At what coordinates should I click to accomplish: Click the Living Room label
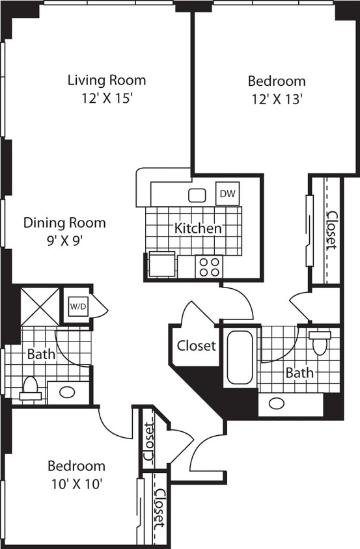(x=107, y=81)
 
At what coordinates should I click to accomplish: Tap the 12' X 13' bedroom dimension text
(x=277, y=101)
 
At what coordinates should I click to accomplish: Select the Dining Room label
(x=64, y=222)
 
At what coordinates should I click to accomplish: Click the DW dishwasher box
(x=227, y=193)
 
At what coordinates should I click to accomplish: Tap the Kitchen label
(x=198, y=228)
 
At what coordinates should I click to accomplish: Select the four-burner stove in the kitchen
(x=209, y=266)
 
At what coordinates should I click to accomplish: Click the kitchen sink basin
(x=197, y=194)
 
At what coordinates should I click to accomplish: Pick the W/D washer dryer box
(x=75, y=305)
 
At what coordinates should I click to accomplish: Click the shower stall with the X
(x=39, y=305)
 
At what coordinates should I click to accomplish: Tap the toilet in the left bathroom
(x=31, y=388)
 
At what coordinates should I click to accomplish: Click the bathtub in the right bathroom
(x=240, y=358)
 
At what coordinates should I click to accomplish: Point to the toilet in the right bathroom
(x=320, y=342)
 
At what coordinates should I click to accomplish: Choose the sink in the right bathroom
(x=277, y=403)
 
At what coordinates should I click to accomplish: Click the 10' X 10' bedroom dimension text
(x=76, y=483)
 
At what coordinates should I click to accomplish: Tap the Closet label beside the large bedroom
(x=331, y=230)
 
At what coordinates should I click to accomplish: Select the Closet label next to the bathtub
(x=196, y=345)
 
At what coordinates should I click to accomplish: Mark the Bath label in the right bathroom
(x=299, y=373)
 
